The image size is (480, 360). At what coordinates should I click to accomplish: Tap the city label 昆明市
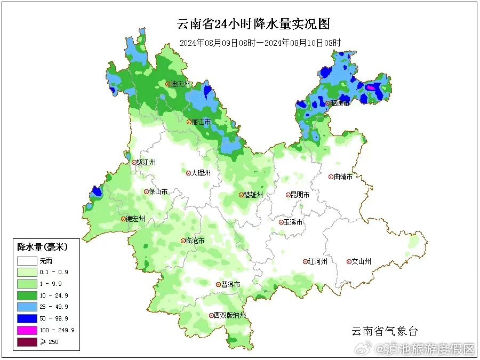(299, 195)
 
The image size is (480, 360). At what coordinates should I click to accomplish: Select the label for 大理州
(201, 173)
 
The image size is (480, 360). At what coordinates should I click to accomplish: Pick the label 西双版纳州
(230, 315)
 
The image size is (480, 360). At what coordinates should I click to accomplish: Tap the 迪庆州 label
(180, 84)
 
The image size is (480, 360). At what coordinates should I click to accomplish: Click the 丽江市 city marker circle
(189, 122)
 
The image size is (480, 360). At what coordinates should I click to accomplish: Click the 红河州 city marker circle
(306, 261)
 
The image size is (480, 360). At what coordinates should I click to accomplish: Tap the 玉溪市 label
(293, 222)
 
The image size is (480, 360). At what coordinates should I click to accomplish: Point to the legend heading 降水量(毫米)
(42, 247)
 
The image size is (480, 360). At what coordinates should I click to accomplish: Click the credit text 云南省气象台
(384, 331)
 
